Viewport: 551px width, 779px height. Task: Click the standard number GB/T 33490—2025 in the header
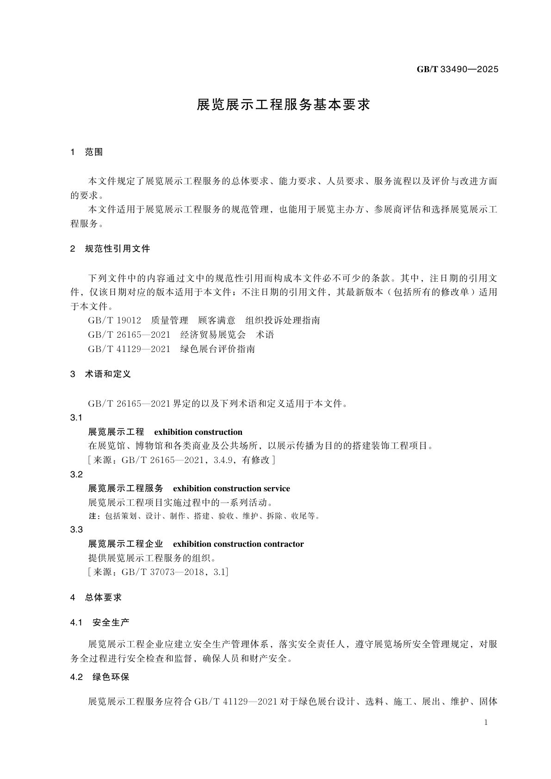457,69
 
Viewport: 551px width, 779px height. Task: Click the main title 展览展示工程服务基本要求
283,105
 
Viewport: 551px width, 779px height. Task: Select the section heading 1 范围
87,152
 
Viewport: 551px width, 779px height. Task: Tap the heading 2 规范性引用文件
110,249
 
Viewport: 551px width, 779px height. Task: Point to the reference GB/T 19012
114,320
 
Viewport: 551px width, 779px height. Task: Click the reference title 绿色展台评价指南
217,349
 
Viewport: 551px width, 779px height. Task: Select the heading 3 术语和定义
100,374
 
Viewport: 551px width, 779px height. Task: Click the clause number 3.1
76,418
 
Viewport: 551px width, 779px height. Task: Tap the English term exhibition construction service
231,488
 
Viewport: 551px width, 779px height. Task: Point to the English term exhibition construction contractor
238,544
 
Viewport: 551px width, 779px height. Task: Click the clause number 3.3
76,530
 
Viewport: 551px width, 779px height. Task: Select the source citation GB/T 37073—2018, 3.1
174,572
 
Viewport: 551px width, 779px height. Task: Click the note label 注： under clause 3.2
94,516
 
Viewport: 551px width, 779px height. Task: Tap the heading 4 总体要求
96,597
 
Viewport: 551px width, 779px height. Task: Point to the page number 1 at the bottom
486,723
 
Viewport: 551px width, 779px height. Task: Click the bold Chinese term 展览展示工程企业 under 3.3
125,544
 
